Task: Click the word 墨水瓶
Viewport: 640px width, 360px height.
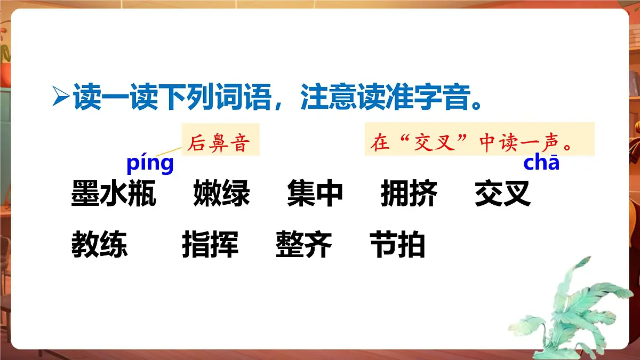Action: pos(113,194)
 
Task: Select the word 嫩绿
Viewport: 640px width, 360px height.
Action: pos(221,194)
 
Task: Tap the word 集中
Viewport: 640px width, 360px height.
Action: pos(315,194)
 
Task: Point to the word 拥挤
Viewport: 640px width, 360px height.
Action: pos(409,194)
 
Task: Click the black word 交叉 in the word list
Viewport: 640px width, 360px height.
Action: pos(502,194)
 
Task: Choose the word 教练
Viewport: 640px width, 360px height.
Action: pos(100,246)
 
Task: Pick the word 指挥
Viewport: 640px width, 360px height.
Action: pos(210,246)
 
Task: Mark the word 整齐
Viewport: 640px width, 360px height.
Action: pos(304,246)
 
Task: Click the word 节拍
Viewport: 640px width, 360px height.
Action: pos(397,246)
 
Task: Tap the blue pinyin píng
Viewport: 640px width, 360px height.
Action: pos(150,163)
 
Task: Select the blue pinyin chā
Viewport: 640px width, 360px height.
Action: pos(541,163)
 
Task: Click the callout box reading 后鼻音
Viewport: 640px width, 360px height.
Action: pos(220,140)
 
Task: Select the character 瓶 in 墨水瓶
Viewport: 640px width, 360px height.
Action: pos(142,194)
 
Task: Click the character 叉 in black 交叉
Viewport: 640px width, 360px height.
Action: pos(517,194)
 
